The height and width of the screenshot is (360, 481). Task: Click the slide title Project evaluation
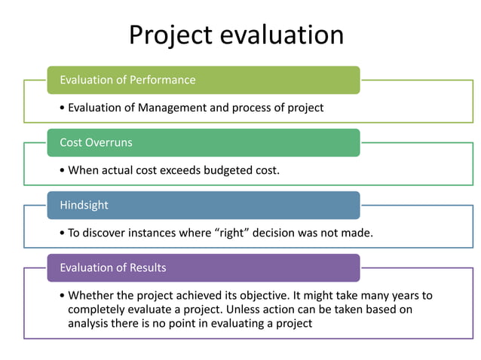[x=236, y=35]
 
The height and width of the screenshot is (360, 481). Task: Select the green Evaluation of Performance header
[x=203, y=80]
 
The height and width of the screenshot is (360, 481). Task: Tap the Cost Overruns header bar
[x=203, y=143]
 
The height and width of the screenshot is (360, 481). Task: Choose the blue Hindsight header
[x=203, y=205]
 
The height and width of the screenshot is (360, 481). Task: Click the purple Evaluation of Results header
[x=203, y=267]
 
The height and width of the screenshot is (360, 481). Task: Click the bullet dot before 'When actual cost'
[x=63, y=170]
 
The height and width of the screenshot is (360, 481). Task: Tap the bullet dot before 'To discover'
[x=63, y=233]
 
